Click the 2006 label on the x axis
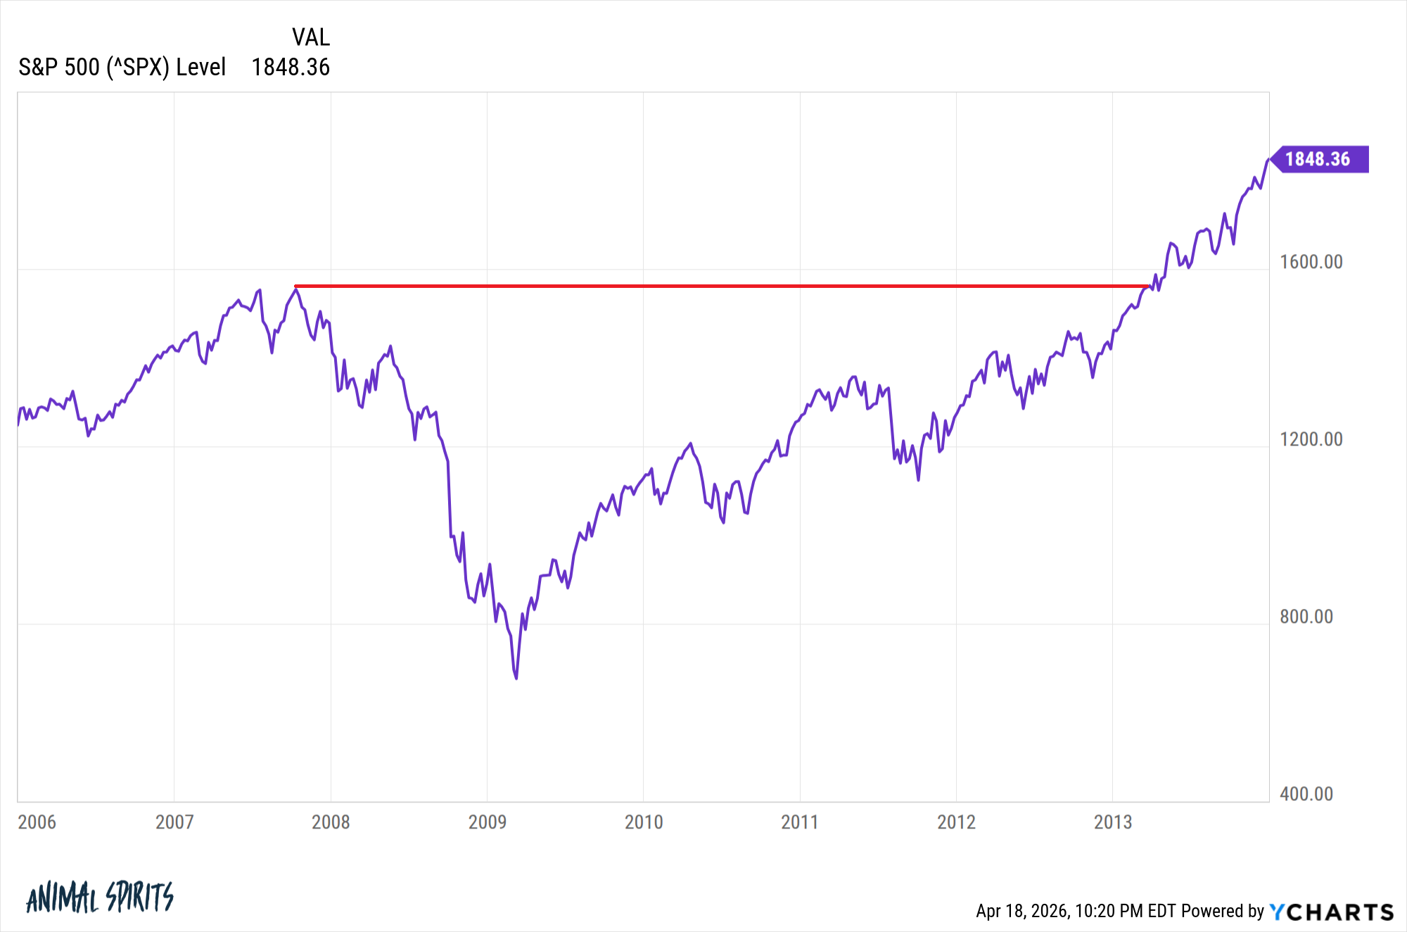[x=37, y=821]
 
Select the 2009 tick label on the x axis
[x=487, y=821]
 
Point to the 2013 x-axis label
[x=1112, y=821]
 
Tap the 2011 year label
[x=800, y=821]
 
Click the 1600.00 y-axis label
[x=1311, y=262]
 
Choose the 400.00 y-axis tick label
[x=1306, y=793]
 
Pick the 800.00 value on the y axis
[x=1306, y=616]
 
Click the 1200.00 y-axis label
[x=1311, y=439]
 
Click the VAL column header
[x=310, y=37]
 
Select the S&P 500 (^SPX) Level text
[x=122, y=67]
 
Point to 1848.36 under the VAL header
[x=291, y=67]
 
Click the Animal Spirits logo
[x=99, y=897]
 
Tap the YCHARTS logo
[x=1332, y=912]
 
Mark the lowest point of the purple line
[x=516, y=678]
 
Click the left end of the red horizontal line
[x=295, y=286]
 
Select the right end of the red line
[x=1149, y=286]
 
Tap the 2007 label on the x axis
[x=174, y=821]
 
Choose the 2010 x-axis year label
[x=644, y=821]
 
